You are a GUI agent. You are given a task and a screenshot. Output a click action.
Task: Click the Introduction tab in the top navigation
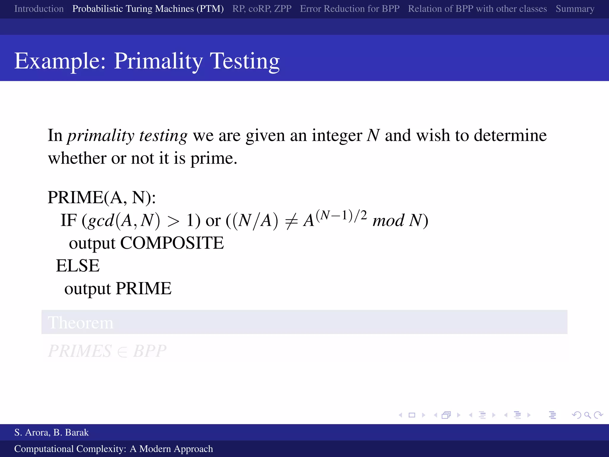tap(39, 9)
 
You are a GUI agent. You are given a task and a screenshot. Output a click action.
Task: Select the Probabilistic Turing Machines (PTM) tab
tap(148, 9)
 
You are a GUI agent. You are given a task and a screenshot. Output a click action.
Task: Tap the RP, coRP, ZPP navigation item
tap(262, 9)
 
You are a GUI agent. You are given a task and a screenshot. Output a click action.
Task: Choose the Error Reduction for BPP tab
tap(350, 9)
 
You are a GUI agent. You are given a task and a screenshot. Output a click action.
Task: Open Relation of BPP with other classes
tap(477, 9)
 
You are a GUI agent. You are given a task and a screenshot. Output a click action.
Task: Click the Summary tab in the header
tap(575, 9)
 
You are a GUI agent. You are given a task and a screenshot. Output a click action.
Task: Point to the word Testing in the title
tap(245, 61)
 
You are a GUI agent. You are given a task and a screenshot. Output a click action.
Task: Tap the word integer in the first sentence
tap(337, 136)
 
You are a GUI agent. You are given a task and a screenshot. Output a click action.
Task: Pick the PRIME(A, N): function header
tap(102, 197)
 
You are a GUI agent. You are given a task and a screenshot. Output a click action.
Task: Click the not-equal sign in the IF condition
tap(291, 221)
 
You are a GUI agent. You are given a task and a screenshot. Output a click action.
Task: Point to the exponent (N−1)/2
tap(341, 215)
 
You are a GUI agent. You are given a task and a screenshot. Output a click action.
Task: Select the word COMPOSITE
tap(172, 243)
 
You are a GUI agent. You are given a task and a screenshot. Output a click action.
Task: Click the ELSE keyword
tap(78, 266)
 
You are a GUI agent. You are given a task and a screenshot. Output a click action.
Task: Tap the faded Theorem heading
tap(81, 323)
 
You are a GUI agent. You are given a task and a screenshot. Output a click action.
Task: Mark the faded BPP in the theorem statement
tap(150, 351)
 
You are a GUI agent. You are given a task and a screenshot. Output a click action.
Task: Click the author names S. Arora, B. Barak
tap(51, 432)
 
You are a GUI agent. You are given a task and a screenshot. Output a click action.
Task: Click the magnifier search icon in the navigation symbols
tap(587, 415)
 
